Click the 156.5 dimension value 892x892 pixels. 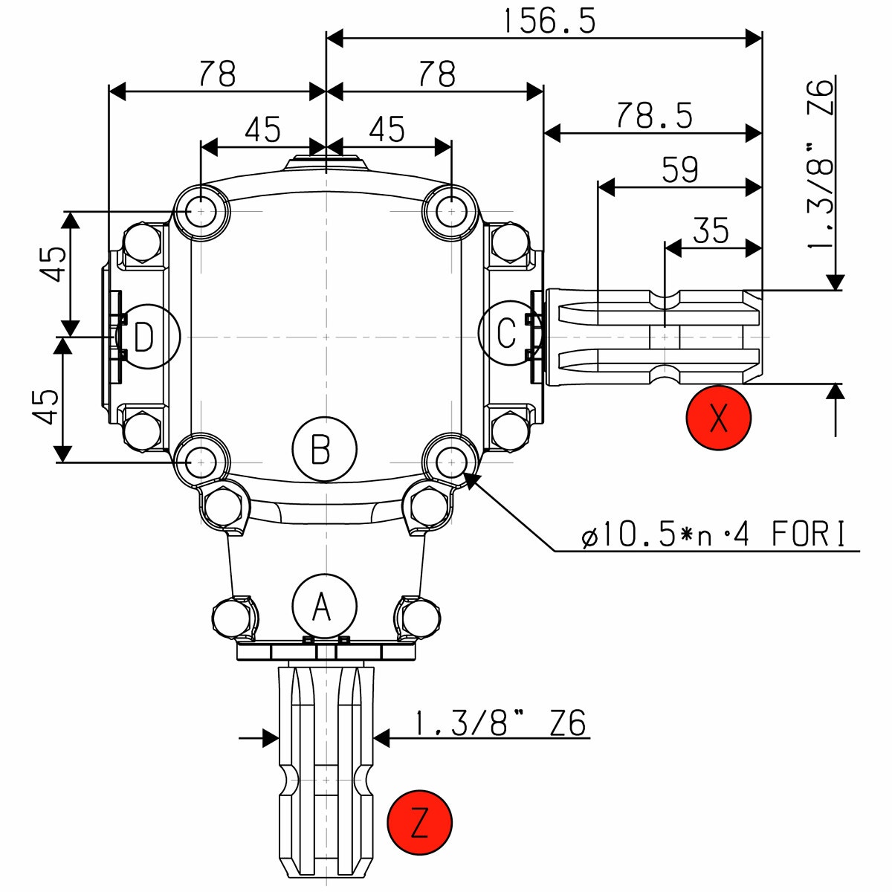coord(549,22)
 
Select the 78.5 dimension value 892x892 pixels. coord(654,115)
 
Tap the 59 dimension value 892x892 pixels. coord(679,169)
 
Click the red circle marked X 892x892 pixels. coord(718,418)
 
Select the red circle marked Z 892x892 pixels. coord(420,822)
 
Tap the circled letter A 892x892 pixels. coord(325,606)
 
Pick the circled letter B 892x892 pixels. coord(325,448)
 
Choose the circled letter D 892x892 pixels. coord(146,337)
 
